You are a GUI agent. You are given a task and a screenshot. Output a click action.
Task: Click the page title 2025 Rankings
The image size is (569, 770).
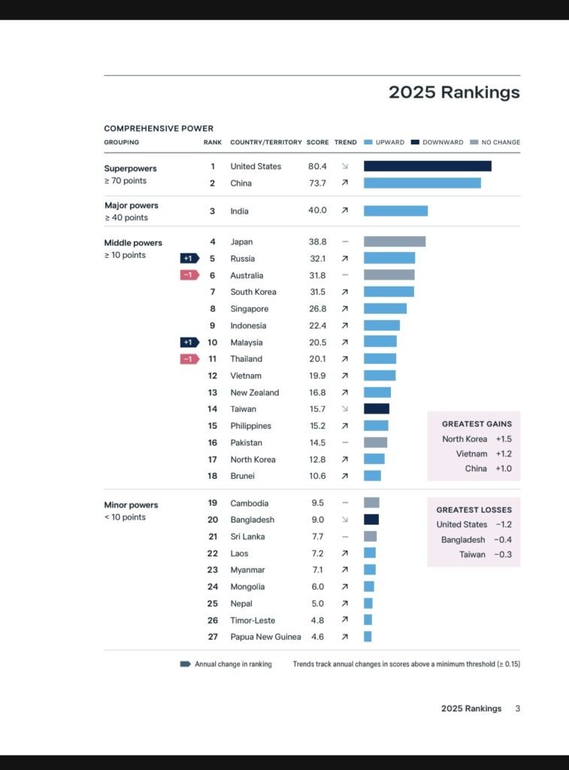tap(453, 92)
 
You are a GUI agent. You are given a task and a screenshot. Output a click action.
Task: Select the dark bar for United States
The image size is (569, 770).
tap(427, 166)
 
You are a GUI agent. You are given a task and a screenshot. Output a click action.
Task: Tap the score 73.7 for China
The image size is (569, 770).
tap(317, 183)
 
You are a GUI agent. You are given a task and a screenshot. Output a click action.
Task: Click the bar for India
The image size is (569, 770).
tap(395, 211)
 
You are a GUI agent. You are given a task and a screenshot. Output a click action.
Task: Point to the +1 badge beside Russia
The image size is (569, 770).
tap(189, 259)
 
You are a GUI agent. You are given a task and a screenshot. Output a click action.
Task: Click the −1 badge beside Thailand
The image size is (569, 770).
tap(189, 359)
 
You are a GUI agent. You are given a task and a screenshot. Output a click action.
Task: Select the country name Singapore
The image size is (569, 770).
tap(249, 309)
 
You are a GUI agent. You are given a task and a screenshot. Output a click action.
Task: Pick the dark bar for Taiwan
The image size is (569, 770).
tap(376, 409)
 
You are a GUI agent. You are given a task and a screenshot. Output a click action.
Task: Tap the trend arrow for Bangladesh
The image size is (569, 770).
tap(345, 520)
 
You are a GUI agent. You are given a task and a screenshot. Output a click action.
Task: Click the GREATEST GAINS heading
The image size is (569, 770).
tap(477, 424)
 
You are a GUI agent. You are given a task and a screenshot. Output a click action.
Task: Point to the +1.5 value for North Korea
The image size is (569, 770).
tap(504, 439)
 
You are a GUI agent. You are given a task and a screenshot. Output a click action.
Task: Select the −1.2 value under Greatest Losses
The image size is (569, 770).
tap(504, 525)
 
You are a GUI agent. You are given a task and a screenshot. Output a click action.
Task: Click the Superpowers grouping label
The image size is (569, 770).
tap(130, 168)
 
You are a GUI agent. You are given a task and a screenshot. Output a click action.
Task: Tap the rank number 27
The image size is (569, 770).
tap(213, 637)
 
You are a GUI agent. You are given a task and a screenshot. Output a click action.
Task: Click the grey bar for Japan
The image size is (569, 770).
tap(395, 241)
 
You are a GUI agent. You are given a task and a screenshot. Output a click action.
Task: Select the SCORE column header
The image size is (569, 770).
tap(317, 142)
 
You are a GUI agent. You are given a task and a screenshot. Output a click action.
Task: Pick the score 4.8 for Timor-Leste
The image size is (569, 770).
tap(317, 620)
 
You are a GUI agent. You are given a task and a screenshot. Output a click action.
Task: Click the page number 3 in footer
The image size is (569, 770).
tap(517, 708)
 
